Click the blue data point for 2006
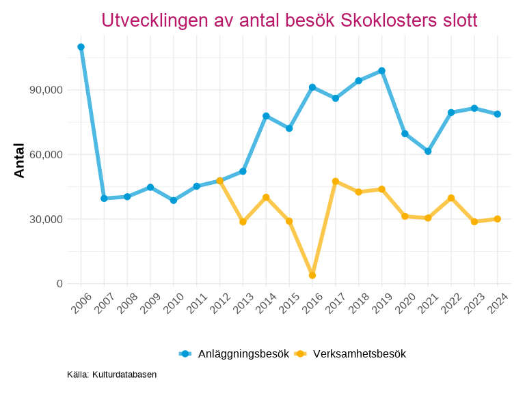[81, 47]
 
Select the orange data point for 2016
[312, 276]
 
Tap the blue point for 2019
[382, 71]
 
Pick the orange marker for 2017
[336, 181]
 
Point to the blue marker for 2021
[428, 151]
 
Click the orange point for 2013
[243, 222]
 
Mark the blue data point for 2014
[266, 116]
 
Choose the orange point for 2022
[451, 198]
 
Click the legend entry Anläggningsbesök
[243, 353]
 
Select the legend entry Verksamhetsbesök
[360, 353]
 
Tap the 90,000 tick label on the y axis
[44, 90]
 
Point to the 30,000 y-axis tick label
[44, 219]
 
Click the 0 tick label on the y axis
[60, 284]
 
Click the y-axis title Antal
[19, 161]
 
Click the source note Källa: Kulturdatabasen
[112, 375]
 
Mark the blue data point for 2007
[104, 199]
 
